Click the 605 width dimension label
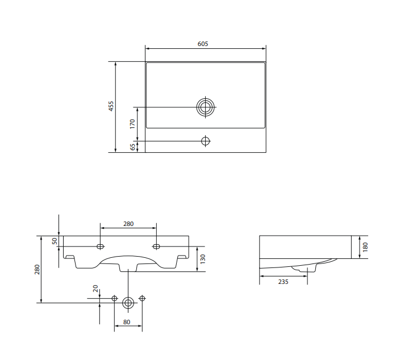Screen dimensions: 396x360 click(x=203, y=44)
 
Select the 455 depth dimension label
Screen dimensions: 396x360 click(x=111, y=106)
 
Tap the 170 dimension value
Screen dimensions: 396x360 click(x=132, y=124)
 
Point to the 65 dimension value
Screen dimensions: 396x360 click(x=132, y=147)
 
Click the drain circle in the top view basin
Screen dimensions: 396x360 click(x=206, y=107)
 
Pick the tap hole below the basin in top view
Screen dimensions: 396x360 click(x=206, y=141)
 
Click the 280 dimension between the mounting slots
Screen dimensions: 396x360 click(x=128, y=224)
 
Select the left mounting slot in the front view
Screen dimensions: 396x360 click(x=100, y=246)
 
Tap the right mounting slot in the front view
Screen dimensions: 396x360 click(x=156, y=246)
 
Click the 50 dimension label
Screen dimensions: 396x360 click(x=55, y=241)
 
